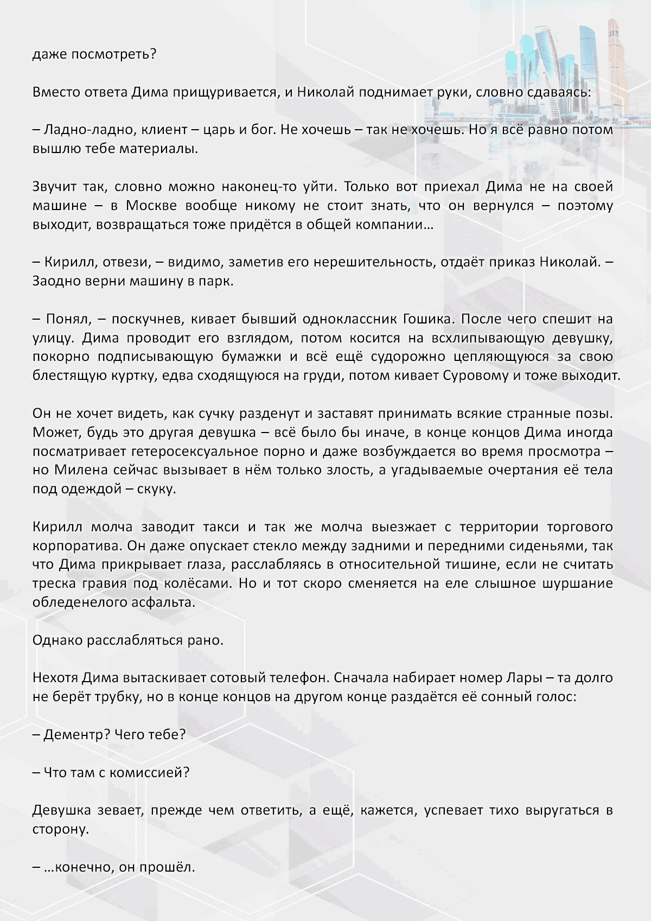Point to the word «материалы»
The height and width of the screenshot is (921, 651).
[x=158, y=149]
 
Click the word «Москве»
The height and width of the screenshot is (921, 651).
[x=151, y=206]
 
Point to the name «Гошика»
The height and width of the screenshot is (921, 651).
[x=427, y=319]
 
